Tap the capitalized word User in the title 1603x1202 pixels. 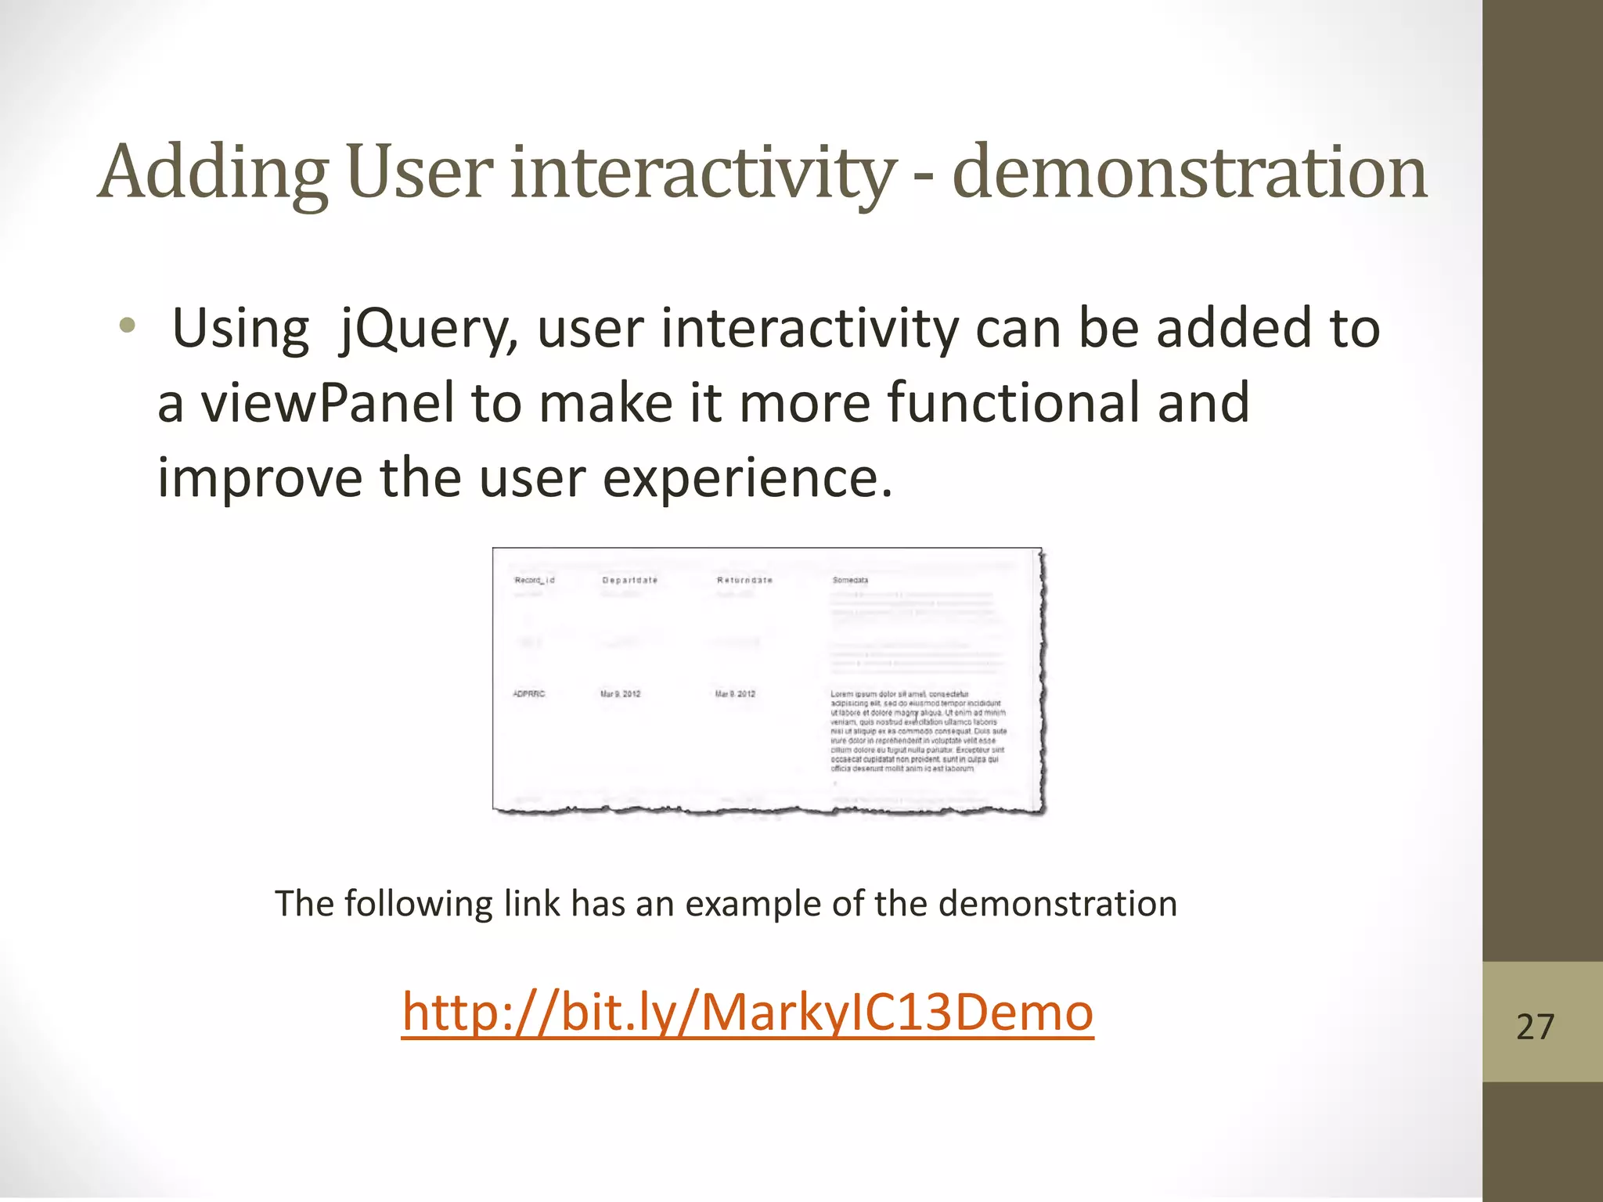[420, 174]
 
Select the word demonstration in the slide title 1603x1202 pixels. [1190, 174]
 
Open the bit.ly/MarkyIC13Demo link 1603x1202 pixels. [747, 1013]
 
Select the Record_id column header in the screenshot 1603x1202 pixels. [535, 580]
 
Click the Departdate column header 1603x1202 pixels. [629, 580]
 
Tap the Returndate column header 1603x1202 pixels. [744, 580]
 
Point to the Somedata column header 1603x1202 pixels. [850, 580]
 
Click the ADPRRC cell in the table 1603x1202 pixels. [529, 694]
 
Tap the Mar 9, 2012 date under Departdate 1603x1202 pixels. [620, 694]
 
